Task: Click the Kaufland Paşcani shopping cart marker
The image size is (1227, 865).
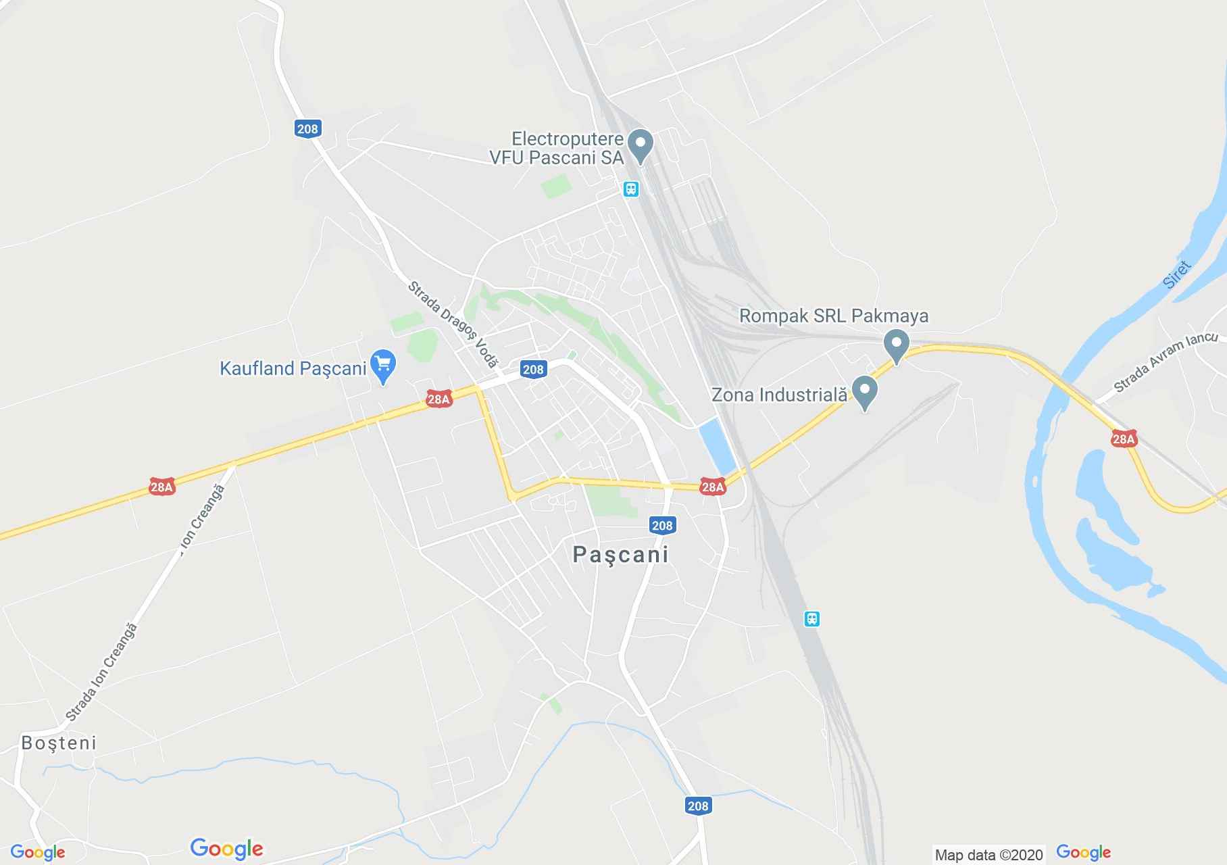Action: coord(383,366)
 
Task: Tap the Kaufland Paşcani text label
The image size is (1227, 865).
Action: coord(293,368)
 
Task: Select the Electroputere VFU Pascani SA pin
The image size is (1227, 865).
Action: coord(640,145)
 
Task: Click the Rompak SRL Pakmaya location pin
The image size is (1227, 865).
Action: coord(897,345)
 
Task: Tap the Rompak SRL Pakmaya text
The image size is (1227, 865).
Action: coord(833,316)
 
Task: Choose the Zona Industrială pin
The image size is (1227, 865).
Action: coord(864,392)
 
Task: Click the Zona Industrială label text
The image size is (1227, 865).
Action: coord(779,395)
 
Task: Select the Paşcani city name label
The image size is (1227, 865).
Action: coord(620,554)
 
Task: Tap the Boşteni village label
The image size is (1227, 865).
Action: coord(59,743)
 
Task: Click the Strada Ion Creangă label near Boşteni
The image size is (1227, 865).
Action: coord(101,672)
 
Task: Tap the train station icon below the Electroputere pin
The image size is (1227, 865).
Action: coord(630,189)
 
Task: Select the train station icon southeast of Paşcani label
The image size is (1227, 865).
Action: coord(811,618)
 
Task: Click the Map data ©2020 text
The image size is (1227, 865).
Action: coord(988,855)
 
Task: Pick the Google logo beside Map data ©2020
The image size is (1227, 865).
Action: coord(1083,853)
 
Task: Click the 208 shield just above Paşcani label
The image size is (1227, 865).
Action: coord(662,525)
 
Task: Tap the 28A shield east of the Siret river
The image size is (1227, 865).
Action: coord(1123,439)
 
